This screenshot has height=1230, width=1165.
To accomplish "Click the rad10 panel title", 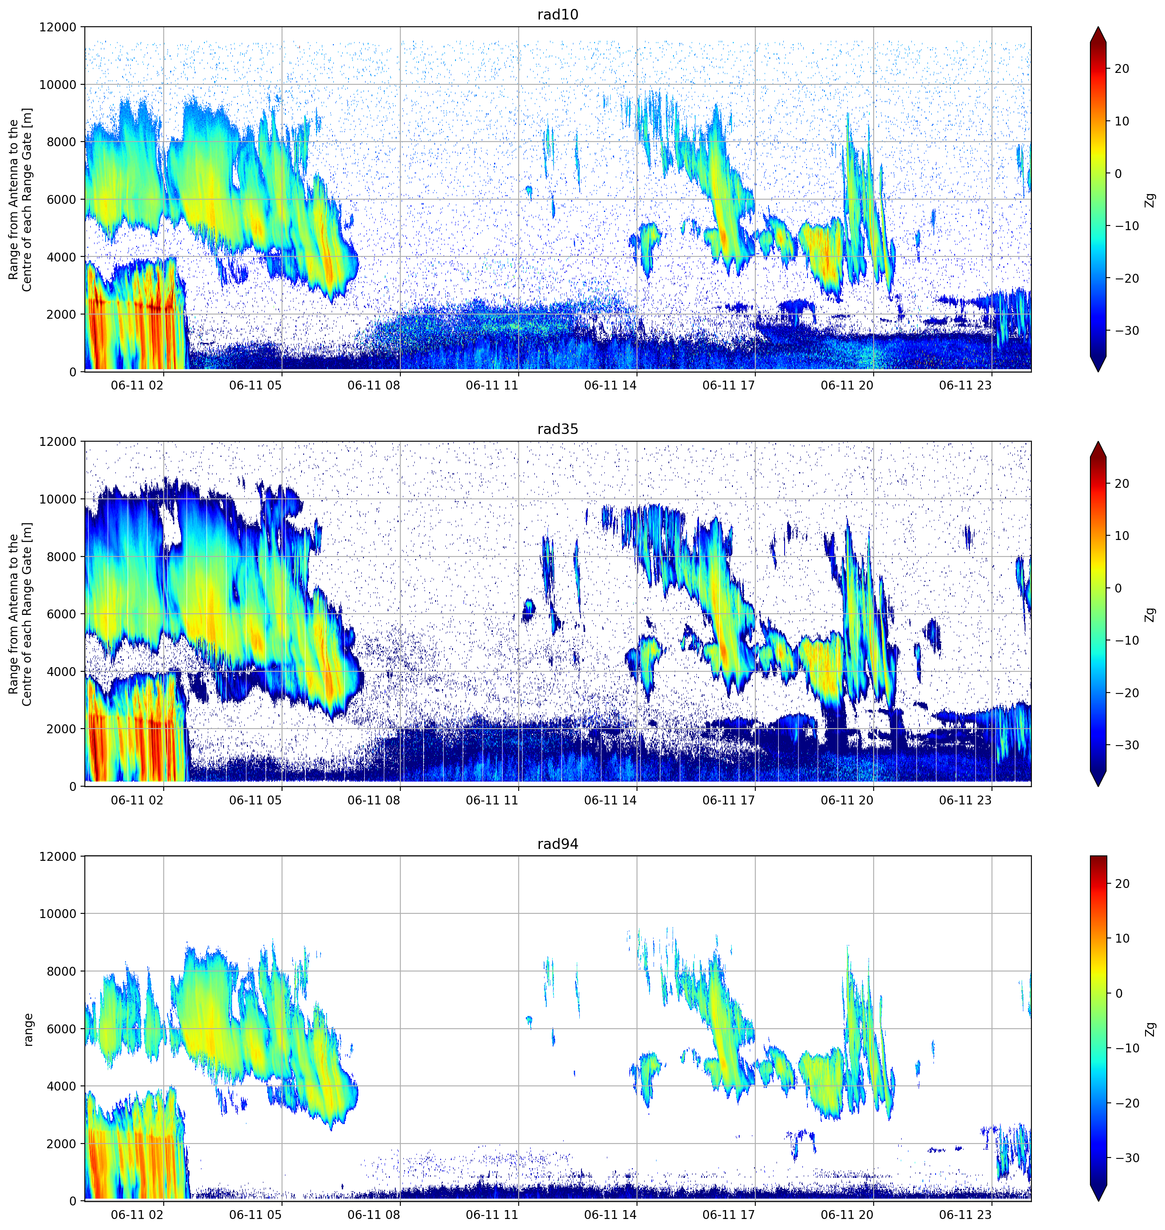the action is point(558,14).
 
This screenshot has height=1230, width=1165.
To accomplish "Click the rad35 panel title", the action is point(558,429).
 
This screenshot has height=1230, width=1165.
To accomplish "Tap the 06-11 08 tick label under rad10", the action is point(374,385).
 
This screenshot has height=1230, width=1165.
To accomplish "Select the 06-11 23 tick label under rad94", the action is point(965,1214).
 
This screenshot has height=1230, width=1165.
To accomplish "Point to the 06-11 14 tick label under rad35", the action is point(610,800).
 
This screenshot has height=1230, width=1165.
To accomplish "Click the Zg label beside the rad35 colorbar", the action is point(1151,615).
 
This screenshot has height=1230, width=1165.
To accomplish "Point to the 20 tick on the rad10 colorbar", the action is point(1121,69).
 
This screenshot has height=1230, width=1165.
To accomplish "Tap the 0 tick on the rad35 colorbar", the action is point(1118,588).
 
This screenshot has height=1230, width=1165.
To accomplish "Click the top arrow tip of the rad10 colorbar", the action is point(1098,27).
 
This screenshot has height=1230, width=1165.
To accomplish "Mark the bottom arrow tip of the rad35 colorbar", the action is point(1098,786).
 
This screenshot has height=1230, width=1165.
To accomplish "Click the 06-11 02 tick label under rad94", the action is point(137,1214).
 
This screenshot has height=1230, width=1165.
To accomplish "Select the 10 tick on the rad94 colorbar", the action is point(1121,938).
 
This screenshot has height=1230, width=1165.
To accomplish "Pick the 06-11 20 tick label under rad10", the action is point(847,385).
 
